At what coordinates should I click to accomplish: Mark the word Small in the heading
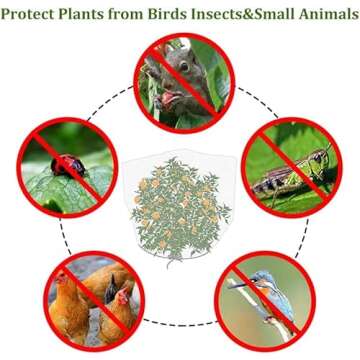[281, 16]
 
